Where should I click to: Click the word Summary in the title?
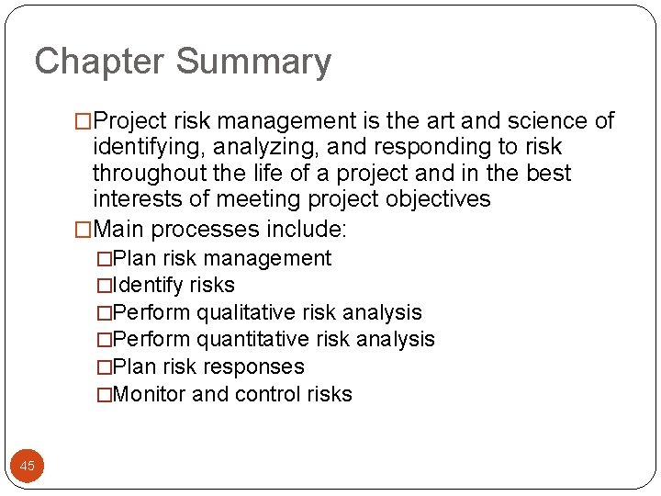tap(253, 62)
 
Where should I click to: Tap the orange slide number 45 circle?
tap(28, 466)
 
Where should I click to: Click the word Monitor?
tap(150, 394)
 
